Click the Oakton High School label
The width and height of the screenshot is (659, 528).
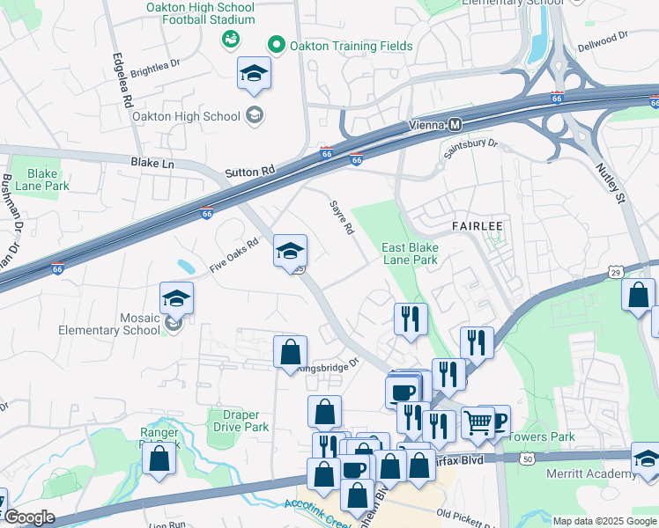tap(185, 116)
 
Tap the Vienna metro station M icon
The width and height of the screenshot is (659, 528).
tap(455, 125)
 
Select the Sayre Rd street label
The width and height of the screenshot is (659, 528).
tap(342, 216)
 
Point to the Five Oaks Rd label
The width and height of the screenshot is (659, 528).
tap(234, 254)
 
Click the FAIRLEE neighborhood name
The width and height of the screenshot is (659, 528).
tap(477, 226)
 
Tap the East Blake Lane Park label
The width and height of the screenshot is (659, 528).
tap(410, 253)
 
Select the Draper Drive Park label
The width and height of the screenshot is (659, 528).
tap(234, 421)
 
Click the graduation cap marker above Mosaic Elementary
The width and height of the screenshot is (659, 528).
tap(176, 299)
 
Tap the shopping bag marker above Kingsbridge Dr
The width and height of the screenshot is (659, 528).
tap(290, 352)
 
